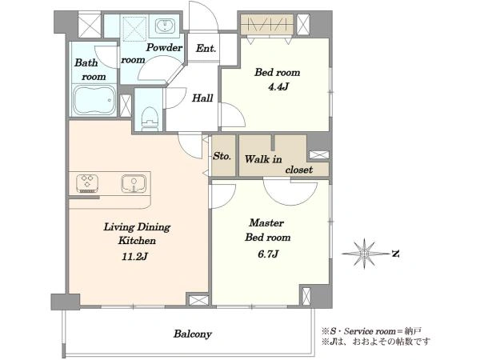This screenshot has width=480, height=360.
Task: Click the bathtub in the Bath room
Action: (94, 101)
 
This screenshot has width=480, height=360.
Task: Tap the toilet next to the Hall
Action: (150, 118)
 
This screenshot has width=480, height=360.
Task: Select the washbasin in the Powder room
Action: (165, 26)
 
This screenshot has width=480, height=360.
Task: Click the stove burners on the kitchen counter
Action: (87, 183)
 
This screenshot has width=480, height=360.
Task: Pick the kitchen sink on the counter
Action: (134, 183)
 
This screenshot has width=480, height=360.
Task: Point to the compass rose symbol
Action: (364, 253)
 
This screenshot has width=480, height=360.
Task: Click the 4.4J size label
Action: (278, 87)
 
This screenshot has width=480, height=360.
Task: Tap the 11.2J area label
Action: (134, 256)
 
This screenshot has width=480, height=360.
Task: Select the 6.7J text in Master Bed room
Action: (268, 254)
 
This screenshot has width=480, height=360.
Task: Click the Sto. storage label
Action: (222, 156)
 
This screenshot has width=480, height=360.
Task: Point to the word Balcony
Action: (193, 334)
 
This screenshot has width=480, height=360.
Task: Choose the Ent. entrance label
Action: (206, 48)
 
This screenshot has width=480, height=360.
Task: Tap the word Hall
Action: (202, 98)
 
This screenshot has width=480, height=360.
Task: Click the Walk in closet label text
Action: (278, 164)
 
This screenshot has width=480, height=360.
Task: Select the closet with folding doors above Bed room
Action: (266, 24)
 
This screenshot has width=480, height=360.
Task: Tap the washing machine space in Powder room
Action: (134, 29)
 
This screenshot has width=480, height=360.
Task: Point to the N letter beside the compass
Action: (395, 254)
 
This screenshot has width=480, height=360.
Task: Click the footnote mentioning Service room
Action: (371, 331)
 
